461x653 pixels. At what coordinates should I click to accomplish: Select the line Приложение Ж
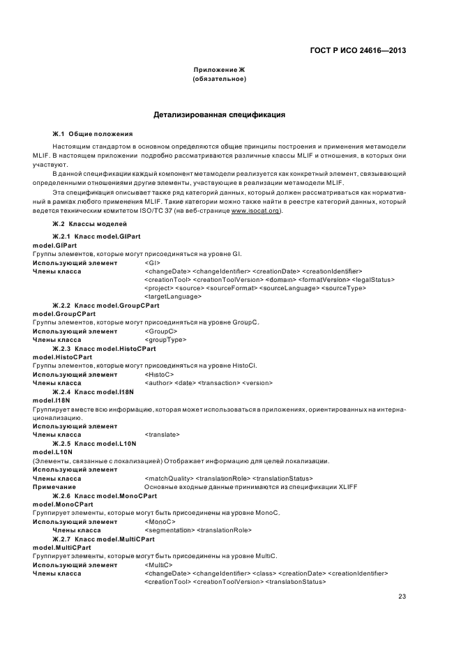[219, 70]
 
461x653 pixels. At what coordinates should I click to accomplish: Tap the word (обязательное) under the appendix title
[219, 80]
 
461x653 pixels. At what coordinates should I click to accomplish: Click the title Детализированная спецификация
[219, 114]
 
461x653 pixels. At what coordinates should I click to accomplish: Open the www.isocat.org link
[256, 210]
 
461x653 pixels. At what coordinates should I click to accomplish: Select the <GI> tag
[152, 262]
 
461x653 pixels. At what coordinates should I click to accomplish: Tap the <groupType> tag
[165, 340]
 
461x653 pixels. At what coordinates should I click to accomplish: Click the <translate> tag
[162, 435]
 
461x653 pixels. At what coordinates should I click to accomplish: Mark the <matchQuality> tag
[168, 478]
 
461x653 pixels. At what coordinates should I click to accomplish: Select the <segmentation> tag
[169, 530]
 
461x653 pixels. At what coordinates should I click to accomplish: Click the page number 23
[402, 596]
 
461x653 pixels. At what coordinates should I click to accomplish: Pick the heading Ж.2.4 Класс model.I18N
[93, 391]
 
